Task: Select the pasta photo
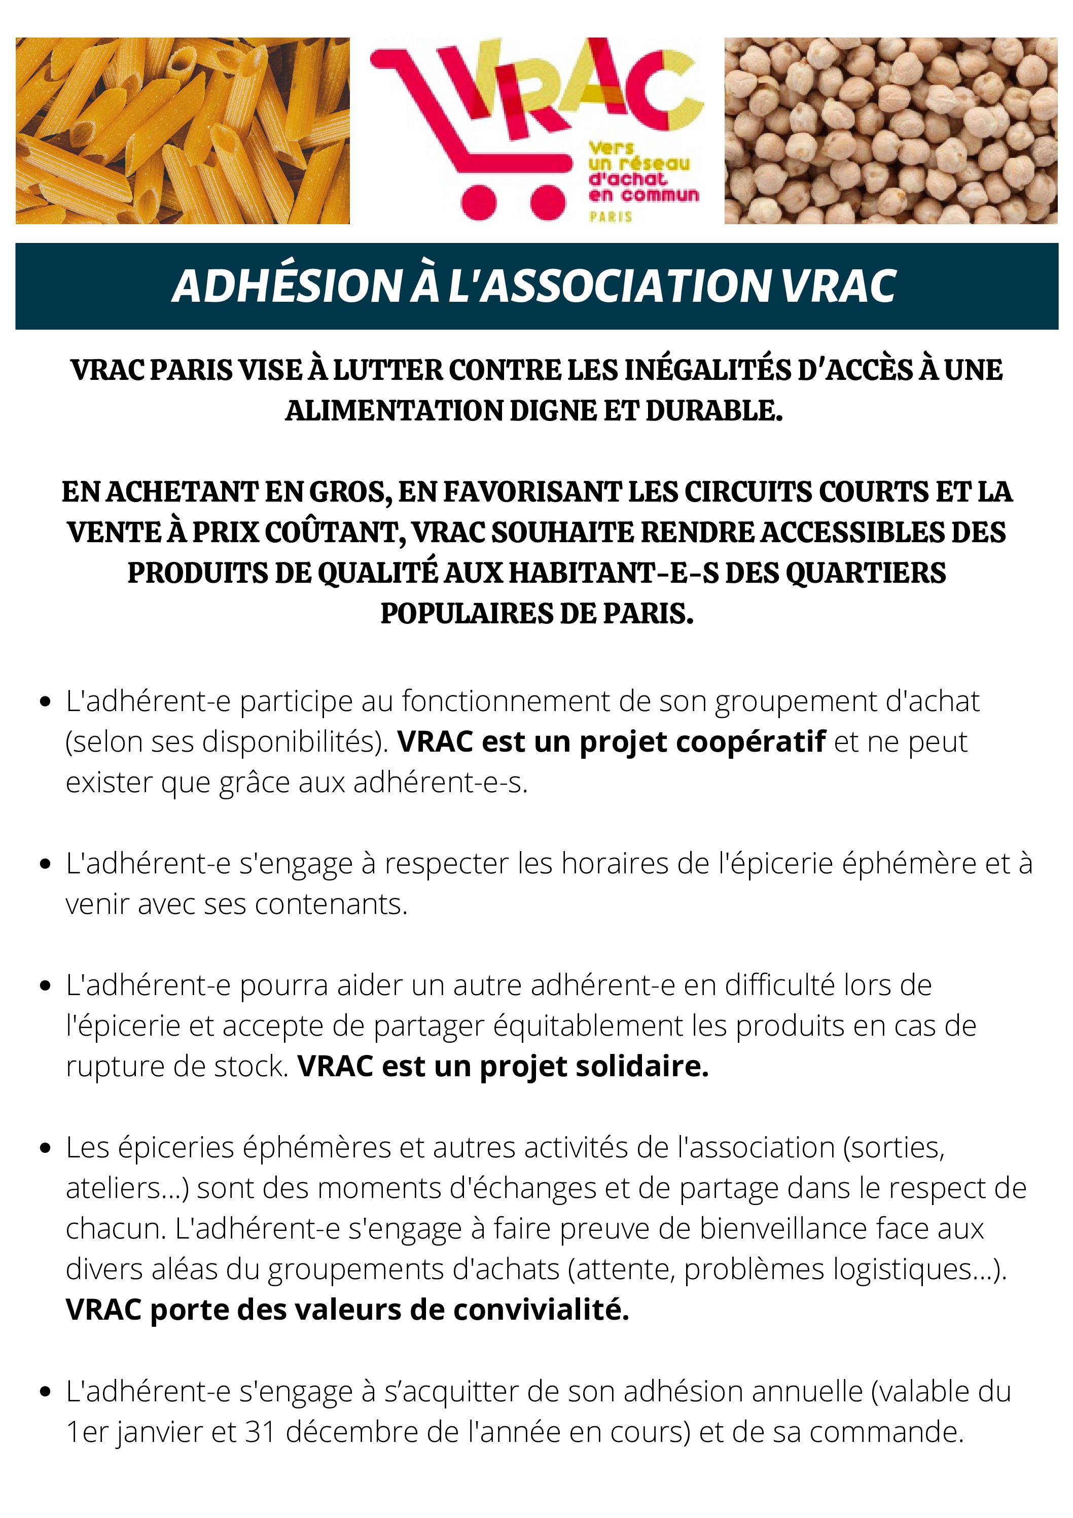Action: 183,131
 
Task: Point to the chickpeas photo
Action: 890,131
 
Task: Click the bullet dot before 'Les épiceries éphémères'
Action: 45,1148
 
